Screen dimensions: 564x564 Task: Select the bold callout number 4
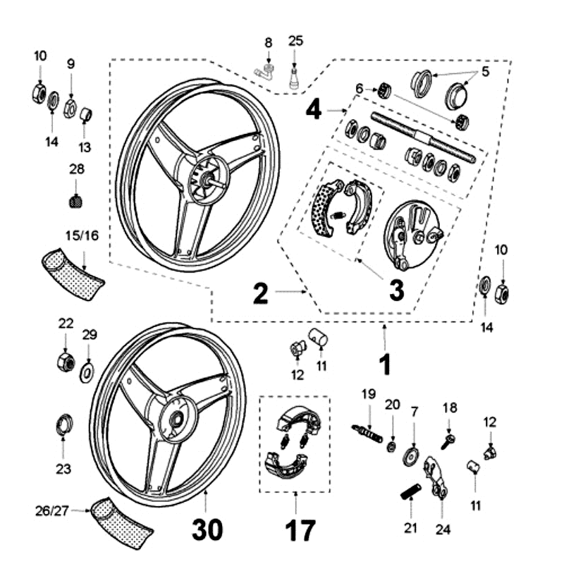(x=314, y=110)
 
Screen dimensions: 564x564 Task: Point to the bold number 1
(x=384, y=364)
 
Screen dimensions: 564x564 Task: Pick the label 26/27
(x=53, y=509)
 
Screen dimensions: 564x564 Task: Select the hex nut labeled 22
(x=65, y=362)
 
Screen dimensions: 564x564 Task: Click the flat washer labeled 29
(x=87, y=371)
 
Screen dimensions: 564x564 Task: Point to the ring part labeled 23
(x=63, y=425)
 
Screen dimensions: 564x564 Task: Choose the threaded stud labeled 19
(x=367, y=431)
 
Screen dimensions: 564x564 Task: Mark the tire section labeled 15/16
(x=72, y=271)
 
